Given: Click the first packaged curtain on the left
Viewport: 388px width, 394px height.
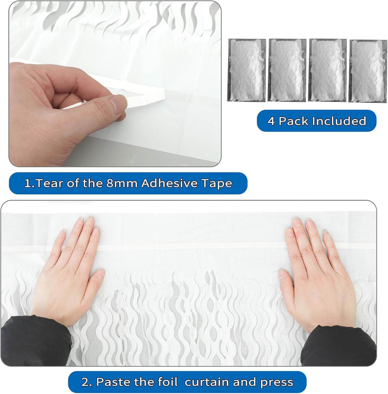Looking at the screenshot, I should [x=247, y=70].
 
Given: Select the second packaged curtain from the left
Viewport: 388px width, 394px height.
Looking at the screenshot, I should [x=287, y=70].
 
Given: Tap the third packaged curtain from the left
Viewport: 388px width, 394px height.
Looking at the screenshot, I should [x=328, y=70].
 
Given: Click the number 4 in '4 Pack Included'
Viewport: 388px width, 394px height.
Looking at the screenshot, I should [x=271, y=121].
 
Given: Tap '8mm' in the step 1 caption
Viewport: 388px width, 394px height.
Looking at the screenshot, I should [x=122, y=183].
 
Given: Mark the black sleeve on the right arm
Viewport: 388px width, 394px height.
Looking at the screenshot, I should [x=339, y=347].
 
